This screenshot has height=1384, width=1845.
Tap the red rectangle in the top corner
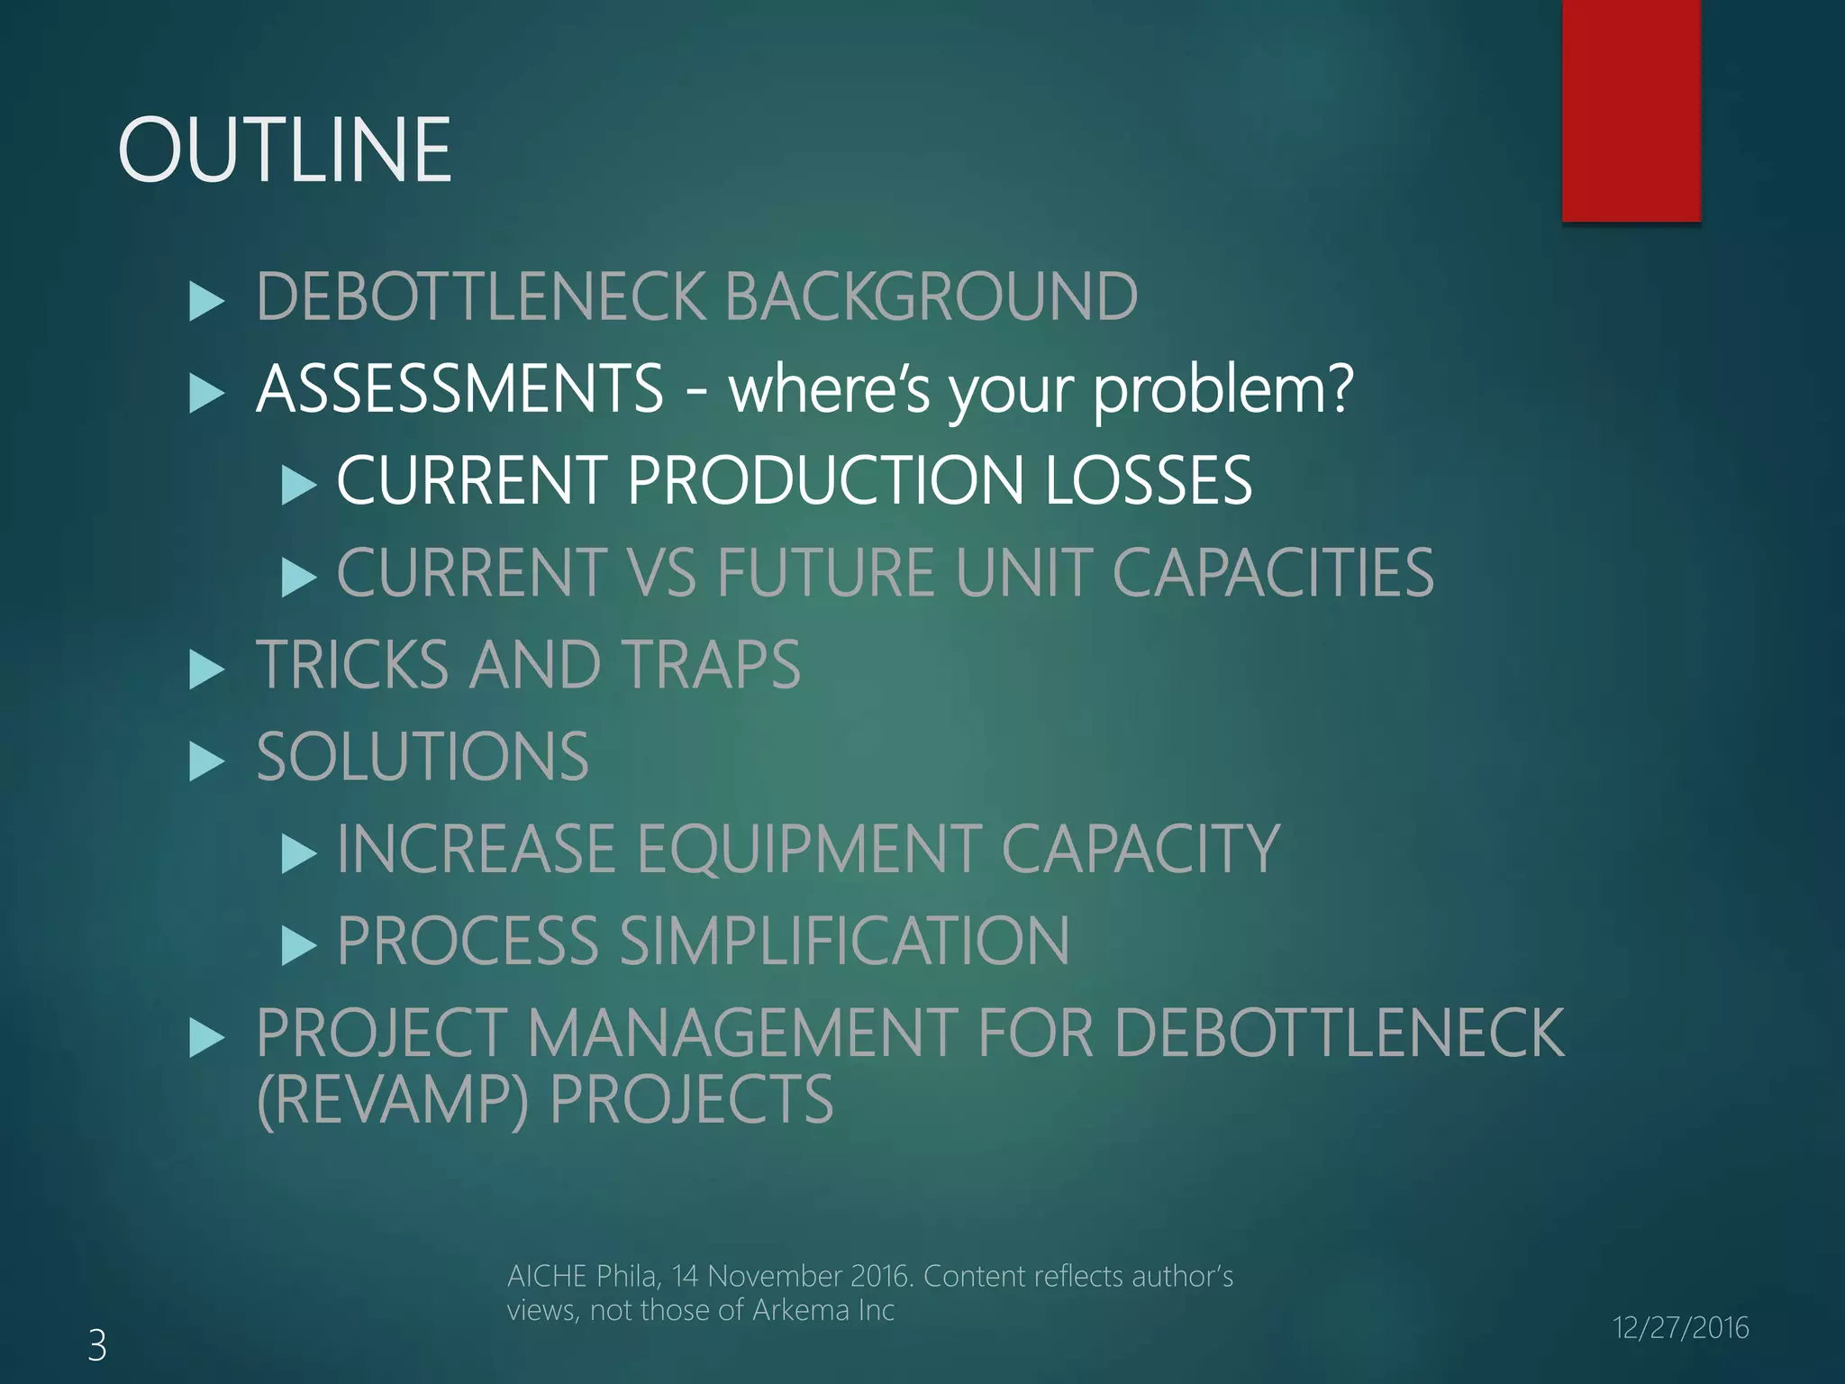click(x=1631, y=110)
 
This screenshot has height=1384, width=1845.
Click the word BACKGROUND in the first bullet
click(x=931, y=296)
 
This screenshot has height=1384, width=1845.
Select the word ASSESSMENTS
click(x=460, y=388)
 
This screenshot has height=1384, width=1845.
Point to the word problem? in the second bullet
click(x=1223, y=391)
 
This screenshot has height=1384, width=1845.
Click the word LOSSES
click(x=1149, y=479)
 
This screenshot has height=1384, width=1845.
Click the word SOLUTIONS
click(x=423, y=756)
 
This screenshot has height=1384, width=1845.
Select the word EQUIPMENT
click(x=809, y=849)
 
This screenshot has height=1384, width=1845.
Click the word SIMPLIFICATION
click(x=844, y=941)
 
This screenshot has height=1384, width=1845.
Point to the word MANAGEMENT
click(x=742, y=1033)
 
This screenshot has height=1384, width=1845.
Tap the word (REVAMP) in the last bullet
click(x=393, y=1100)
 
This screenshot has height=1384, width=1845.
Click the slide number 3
click(x=97, y=1345)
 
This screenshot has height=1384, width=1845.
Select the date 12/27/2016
click(x=1680, y=1327)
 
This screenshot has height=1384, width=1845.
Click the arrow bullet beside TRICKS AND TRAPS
click(x=207, y=670)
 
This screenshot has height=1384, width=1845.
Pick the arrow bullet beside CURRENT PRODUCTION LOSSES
click(x=298, y=486)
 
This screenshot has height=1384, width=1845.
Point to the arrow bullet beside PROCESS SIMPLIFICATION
click(x=298, y=947)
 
